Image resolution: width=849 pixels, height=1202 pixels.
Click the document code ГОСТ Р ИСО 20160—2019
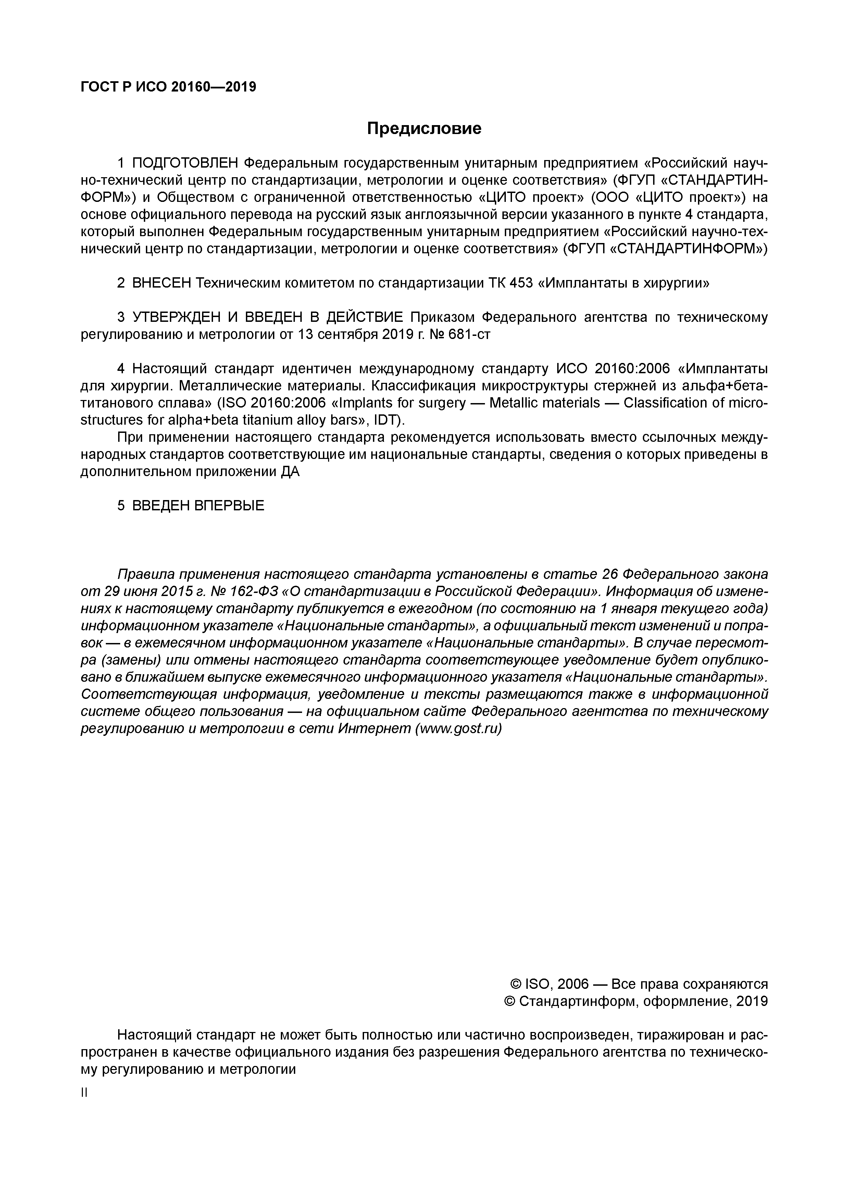point(168,87)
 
